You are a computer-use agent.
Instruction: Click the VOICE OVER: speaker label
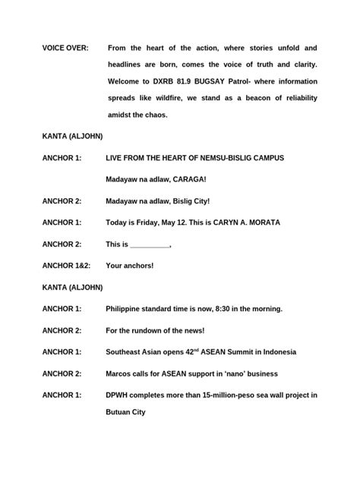65,48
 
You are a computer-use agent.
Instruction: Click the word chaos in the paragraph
154,115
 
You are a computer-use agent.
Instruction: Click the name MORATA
261,223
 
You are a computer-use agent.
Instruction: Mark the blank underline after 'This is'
150,245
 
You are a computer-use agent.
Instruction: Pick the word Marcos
122,374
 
